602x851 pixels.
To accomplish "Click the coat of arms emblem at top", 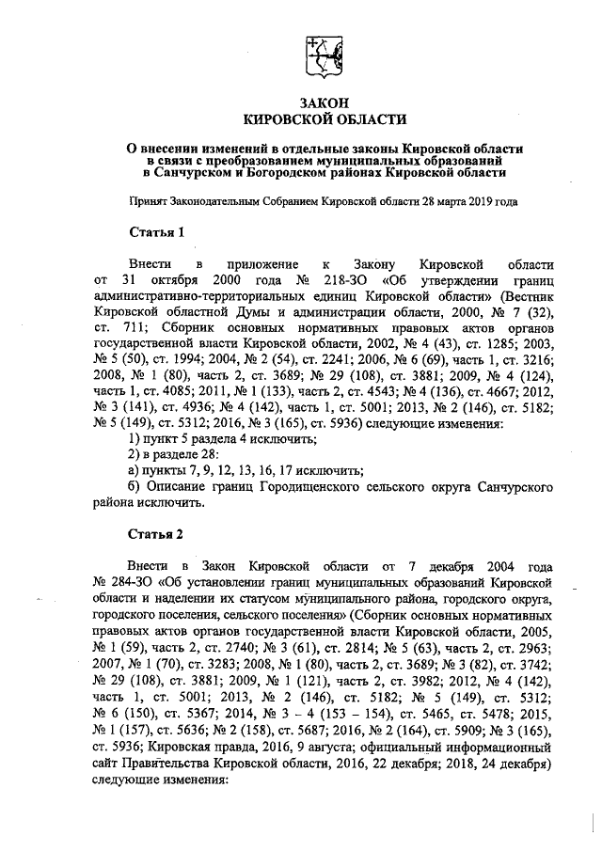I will coord(325,55).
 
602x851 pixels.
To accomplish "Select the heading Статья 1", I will coord(156,231).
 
